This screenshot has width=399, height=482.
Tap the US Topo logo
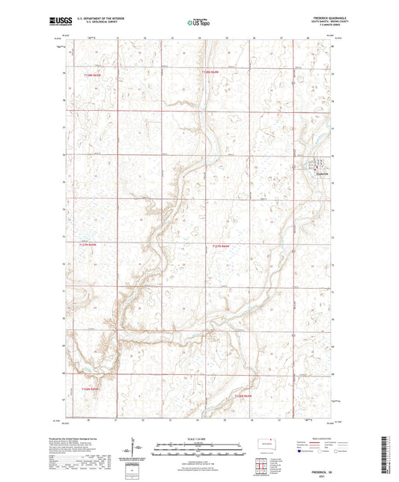pyautogui.click(x=199, y=22)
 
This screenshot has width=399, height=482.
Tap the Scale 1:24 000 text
pyautogui.click(x=199, y=439)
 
